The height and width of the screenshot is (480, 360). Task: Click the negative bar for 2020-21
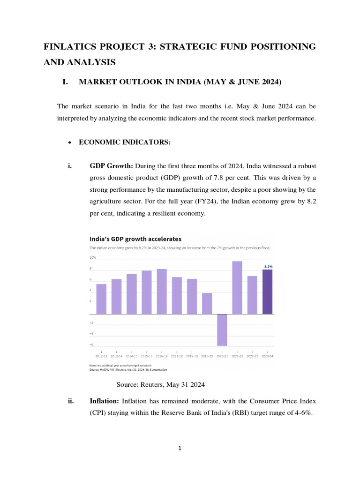[222, 330]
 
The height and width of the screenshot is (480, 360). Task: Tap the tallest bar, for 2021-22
[237, 287]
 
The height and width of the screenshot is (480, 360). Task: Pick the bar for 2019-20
[207, 303]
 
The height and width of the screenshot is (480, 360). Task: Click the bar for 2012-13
[101, 299]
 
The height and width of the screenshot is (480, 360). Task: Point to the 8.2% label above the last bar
[268, 266]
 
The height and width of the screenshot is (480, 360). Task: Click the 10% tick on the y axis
[92, 257]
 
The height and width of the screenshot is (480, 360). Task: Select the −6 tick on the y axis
[92, 345]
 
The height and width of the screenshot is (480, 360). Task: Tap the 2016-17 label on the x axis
[162, 356]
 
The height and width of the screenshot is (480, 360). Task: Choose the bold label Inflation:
[105, 401]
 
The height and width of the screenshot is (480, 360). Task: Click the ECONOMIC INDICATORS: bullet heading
[119, 142]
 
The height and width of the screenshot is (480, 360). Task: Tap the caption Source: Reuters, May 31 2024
[161, 384]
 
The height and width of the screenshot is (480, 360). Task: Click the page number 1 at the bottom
[180, 448]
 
